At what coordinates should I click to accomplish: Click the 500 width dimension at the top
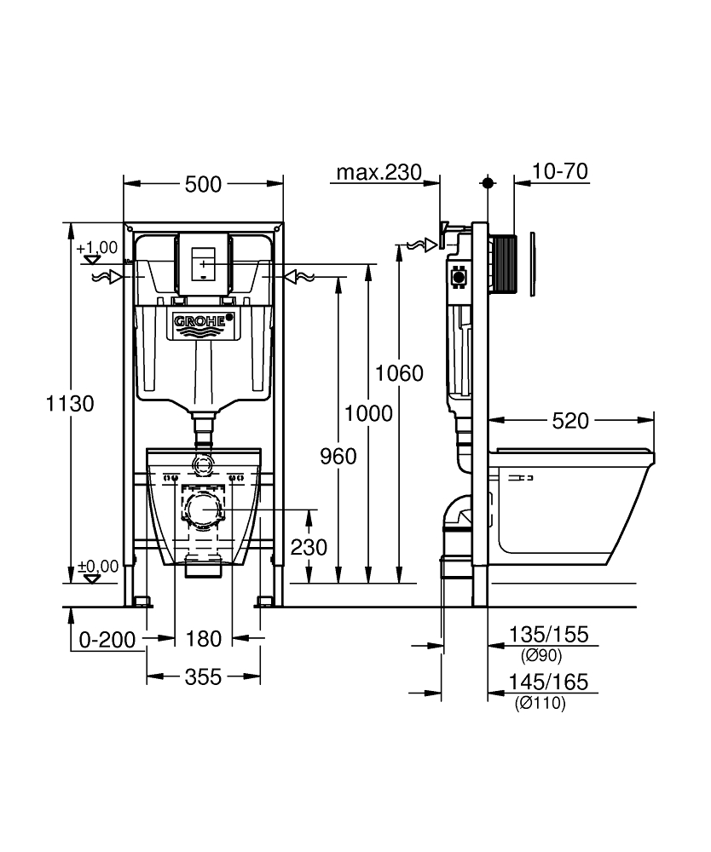(x=203, y=184)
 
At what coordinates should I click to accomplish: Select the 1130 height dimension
(x=69, y=403)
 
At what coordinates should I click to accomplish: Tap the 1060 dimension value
(x=399, y=373)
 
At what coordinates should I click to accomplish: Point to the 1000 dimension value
(x=368, y=413)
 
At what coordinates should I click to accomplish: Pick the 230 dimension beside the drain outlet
(x=309, y=547)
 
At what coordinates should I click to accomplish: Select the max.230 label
(x=379, y=172)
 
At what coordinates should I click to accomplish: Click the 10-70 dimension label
(x=559, y=172)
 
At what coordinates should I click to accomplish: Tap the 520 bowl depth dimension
(x=570, y=421)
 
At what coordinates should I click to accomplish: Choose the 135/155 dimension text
(x=548, y=636)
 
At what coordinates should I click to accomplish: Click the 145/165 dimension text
(x=548, y=683)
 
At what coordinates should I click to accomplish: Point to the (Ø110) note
(x=540, y=704)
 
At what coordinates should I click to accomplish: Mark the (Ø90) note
(x=540, y=655)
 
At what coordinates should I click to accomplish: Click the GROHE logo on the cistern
(x=202, y=321)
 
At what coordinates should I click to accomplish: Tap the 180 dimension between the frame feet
(x=205, y=639)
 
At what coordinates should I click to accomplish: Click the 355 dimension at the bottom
(x=203, y=677)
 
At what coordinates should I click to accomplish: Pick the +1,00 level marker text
(x=96, y=248)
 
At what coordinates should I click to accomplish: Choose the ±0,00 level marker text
(x=96, y=566)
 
